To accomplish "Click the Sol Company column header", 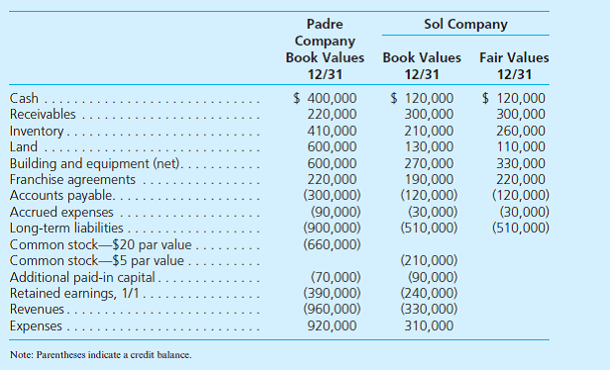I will tap(464, 23).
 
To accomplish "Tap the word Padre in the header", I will tap(326, 23).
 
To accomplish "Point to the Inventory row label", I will tap(37, 131).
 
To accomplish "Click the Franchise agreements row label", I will tap(71, 179).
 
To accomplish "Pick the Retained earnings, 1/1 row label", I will tap(76, 293).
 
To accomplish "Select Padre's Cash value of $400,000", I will tap(328, 98).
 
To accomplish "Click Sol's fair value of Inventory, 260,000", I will tap(519, 131).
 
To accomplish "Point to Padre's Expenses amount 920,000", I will tap(332, 325).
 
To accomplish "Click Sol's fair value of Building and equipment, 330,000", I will tap(519, 163).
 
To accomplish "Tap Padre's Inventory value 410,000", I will tap(332, 131).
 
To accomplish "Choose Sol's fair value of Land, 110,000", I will tap(519, 146).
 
